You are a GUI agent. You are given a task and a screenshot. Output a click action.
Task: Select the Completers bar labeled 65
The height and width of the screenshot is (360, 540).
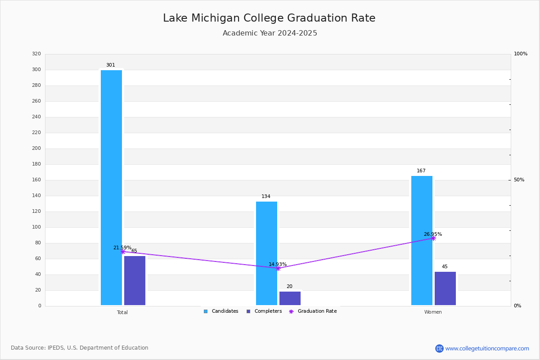(x=135, y=281)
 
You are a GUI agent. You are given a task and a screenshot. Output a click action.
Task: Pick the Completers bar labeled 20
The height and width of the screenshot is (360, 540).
(x=290, y=298)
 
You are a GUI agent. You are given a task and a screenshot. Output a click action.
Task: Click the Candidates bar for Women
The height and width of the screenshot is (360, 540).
(x=422, y=240)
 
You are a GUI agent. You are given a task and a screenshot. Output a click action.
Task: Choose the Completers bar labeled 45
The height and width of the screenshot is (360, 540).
(x=445, y=288)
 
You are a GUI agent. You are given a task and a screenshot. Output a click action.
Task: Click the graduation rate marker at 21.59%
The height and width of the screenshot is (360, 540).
(x=123, y=252)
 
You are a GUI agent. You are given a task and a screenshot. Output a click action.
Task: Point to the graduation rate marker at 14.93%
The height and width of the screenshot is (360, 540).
(x=278, y=268)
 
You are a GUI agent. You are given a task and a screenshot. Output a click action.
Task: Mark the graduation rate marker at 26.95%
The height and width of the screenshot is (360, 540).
(x=433, y=238)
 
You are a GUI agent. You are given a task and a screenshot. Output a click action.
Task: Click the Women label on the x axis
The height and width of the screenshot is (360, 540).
(x=433, y=312)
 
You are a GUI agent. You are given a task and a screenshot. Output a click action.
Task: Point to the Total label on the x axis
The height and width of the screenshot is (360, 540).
(x=122, y=312)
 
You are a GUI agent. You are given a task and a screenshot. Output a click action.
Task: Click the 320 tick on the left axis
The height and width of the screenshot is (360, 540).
(x=36, y=54)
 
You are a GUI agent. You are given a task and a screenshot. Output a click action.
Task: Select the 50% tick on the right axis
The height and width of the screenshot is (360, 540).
(x=519, y=180)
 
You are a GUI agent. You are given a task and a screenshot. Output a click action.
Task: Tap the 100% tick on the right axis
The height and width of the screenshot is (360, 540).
(x=520, y=54)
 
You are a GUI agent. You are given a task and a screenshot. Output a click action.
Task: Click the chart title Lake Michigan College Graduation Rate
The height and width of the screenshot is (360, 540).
(x=269, y=18)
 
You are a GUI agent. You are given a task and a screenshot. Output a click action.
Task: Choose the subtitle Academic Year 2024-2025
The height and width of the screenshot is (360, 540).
(x=270, y=33)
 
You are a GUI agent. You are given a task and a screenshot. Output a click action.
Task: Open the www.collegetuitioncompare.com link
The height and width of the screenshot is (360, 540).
(x=487, y=348)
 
